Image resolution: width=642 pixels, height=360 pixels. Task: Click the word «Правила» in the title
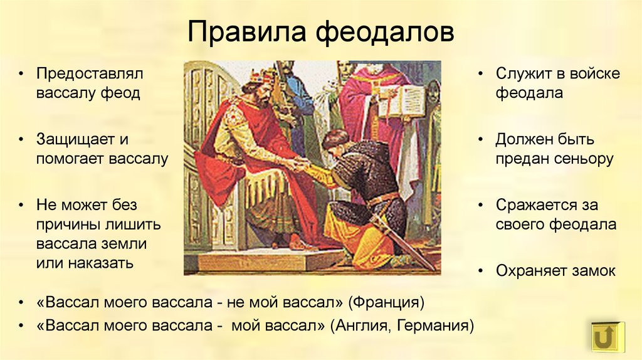click(x=247, y=31)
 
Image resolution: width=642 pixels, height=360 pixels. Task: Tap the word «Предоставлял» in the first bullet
click(x=90, y=75)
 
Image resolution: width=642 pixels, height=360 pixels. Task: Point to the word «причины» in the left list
click(x=68, y=225)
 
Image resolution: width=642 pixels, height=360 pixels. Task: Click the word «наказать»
click(x=101, y=263)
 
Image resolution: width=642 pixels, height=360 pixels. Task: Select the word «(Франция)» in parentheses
click(x=386, y=303)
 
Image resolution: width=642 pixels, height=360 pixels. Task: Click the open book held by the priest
click(x=402, y=100)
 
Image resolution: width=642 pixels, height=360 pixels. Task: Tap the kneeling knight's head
click(x=335, y=140)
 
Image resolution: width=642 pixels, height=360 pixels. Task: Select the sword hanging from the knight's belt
click(x=403, y=242)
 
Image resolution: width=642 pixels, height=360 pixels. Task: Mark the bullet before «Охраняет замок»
click(x=481, y=271)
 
